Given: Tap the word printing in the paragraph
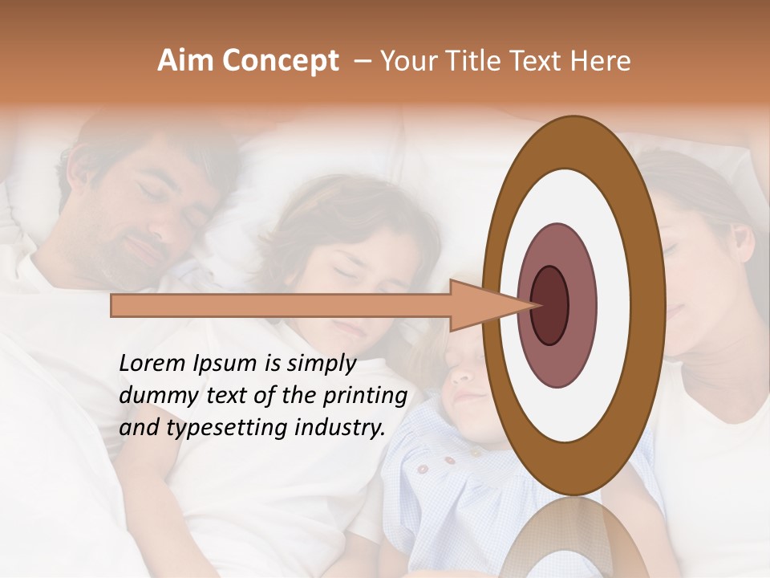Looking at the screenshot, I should click(365, 397).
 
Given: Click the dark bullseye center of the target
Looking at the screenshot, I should click(549, 304).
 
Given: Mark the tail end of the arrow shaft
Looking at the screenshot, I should click(112, 305).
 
